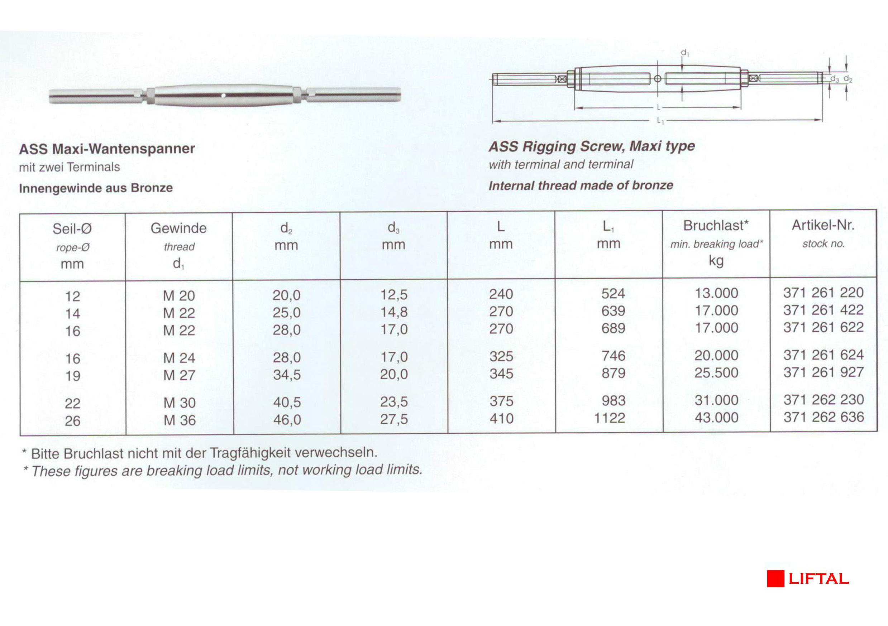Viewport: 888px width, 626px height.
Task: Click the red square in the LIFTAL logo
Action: coord(775,578)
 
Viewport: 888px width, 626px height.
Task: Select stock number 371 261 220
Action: coord(823,293)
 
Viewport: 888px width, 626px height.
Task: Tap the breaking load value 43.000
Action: coord(716,418)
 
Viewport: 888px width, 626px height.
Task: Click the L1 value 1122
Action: coord(610,418)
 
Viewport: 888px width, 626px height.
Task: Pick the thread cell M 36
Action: coord(180,420)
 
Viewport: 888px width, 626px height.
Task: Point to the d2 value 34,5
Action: coord(287,375)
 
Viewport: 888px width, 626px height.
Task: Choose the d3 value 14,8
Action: coord(394,312)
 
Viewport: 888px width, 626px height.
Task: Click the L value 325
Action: coord(501,356)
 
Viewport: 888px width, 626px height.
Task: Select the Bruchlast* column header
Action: coord(716,226)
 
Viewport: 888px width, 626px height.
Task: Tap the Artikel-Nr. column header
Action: coord(823,225)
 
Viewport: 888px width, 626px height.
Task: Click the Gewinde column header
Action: coord(179,228)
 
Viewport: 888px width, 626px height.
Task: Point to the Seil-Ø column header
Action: coord(72,229)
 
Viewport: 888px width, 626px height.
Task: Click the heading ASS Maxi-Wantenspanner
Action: coord(107,149)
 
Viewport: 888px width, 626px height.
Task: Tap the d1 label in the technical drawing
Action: coord(685,53)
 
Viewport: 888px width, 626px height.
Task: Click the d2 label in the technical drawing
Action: coord(848,79)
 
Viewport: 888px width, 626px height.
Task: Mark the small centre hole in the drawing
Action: coord(658,79)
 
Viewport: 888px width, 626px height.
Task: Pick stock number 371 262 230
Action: coord(823,400)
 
